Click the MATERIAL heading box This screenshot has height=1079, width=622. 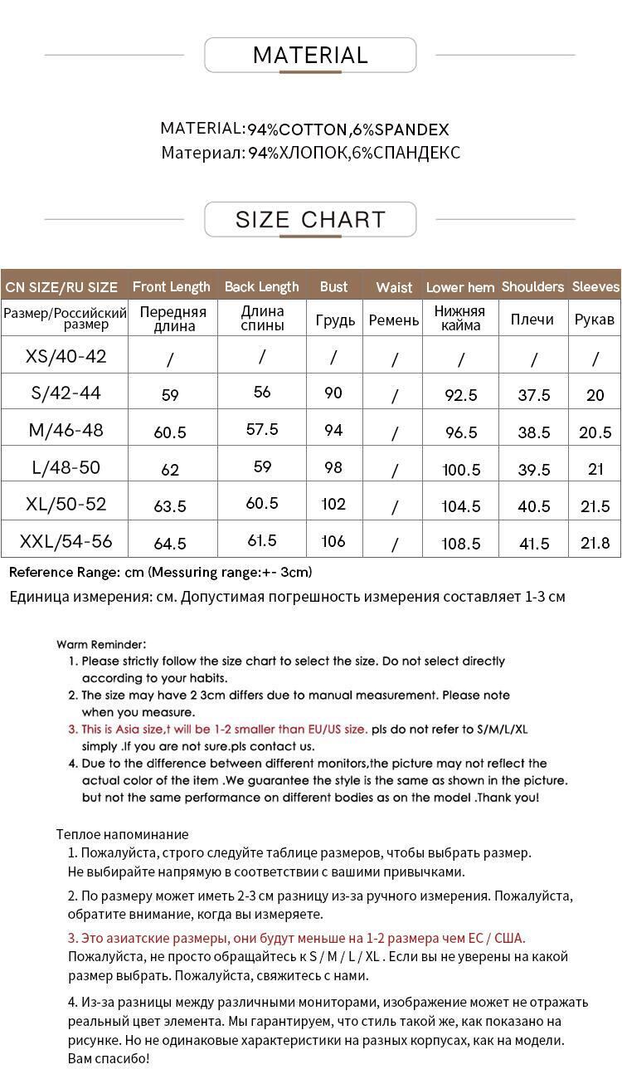click(310, 56)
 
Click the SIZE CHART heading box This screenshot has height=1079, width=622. click(310, 220)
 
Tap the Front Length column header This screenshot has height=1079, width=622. click(172, 287)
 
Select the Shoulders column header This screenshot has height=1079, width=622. click(532, 287)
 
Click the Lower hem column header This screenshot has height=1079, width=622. click(460, 287)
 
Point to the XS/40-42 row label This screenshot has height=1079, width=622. click(66, 357)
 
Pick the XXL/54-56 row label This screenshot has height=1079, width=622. click(66, 542)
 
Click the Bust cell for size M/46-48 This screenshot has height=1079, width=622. click(333, 430)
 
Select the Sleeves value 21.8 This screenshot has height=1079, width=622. click(595, 544)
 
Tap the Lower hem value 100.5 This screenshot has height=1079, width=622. click(461, 470)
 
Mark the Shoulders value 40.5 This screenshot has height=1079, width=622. click(533, 506)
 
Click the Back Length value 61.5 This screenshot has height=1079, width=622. click(262, 541)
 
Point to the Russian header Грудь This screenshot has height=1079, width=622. click(335, 320)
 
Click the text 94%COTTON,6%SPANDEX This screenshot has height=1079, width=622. click(348, 130)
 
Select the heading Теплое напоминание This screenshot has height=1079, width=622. click(123, 834)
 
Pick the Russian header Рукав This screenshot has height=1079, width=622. click(595, 320)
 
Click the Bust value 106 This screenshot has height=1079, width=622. click(333, 542)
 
